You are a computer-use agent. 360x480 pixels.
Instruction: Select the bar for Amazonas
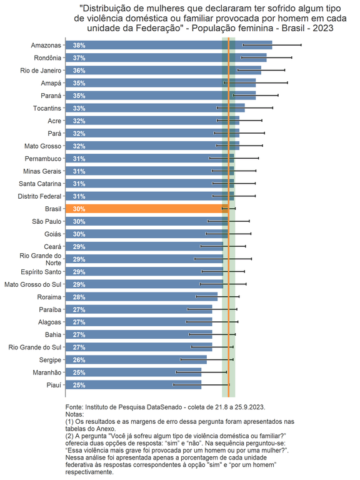pos(169,46)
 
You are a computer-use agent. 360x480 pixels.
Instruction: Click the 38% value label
pos(79,46)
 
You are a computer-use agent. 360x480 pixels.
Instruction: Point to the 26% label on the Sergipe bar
pos(79,360)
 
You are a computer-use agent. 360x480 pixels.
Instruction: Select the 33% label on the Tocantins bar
pos(79,108)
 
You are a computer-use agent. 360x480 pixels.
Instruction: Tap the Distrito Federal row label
pos(40,196)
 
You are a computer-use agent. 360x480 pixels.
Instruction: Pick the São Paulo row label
pos(47,221)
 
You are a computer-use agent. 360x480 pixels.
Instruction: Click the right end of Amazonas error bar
pos(301,45)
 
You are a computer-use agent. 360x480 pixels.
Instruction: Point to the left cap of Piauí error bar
pos(174,384)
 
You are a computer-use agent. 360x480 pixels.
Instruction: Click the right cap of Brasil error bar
pos(235,209)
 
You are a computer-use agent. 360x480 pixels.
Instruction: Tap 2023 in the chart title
pos(321,28)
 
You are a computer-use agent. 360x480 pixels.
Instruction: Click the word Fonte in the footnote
pos(74,406)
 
